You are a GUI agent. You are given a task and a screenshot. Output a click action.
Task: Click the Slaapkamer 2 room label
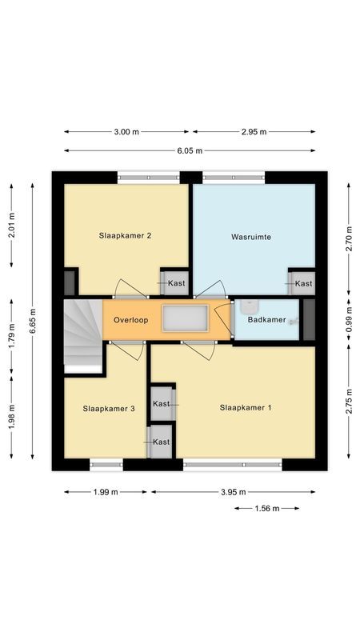pos(126,235)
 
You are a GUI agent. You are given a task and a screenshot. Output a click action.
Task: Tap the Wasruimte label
pos(250,237)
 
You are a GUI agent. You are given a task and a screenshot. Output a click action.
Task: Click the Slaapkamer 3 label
pos(109,408)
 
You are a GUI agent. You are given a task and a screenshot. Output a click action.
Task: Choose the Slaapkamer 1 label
pos(246,407)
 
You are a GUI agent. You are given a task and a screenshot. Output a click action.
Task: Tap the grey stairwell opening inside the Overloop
pos(185,318)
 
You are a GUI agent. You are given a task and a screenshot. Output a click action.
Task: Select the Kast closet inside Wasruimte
pos(302,283)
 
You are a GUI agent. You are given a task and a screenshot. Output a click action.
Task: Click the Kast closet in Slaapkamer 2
pos(174,283)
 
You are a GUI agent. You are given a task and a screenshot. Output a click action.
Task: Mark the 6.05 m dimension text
pos(190,150)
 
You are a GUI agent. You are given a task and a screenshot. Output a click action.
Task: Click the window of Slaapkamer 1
pos(233,464)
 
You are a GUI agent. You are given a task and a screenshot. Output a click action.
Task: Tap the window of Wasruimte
pos(234,178)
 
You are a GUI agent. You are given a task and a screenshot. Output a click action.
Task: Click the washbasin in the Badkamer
pos(249,305)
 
